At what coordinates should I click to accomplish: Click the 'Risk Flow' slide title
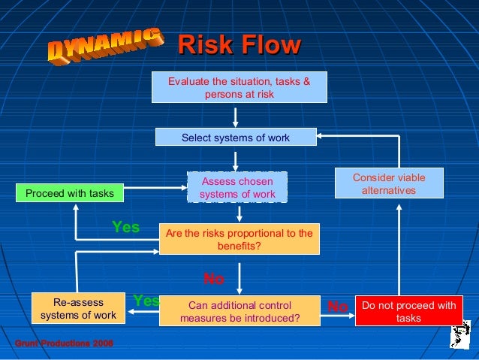point(239,47)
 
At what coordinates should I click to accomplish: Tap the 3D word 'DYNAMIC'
point(106,46)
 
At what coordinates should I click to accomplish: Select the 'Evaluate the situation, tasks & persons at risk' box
point(239,87)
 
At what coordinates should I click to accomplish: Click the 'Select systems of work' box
point(235,138)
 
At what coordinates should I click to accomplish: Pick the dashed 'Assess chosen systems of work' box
point(237,188)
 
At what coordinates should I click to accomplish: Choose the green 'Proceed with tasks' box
point(70,194)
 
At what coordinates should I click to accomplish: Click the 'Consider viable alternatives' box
point(388,184)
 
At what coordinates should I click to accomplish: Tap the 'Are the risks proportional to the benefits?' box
point(239,239)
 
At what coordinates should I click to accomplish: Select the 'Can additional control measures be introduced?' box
point(239,312)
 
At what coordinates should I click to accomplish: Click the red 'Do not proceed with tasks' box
point(408,312)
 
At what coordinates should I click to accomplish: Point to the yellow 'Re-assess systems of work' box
point(78,309)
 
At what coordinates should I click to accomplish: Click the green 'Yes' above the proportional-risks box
point(125,227)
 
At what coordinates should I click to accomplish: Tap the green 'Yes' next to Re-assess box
point(146,301)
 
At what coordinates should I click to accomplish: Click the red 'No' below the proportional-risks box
point(214,280)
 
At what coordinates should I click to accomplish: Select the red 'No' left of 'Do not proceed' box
point(337,307)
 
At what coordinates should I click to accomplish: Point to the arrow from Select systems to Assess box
point(236,160)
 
